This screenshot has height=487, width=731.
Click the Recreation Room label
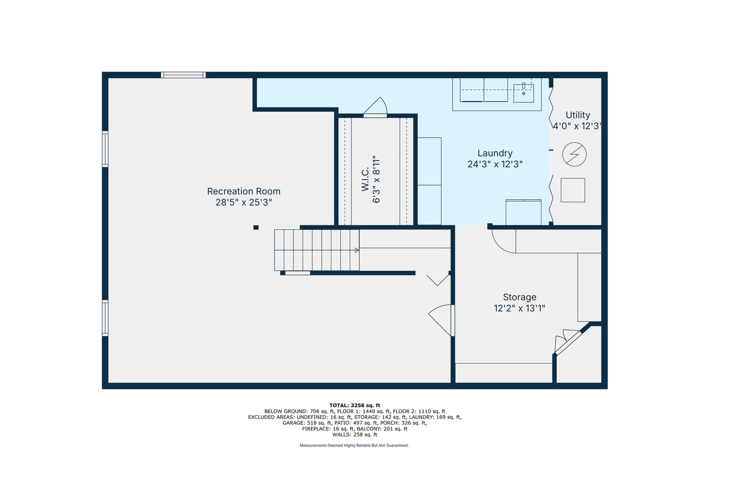click(244, 191)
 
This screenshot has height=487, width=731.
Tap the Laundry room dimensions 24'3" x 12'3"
click(495, 164)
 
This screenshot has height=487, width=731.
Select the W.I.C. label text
click(365, 179)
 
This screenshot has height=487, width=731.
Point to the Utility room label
click(578, 115)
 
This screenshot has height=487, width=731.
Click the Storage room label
click(519, 297)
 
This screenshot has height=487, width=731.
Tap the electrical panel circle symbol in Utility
click(574, 154)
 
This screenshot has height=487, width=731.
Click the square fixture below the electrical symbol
click(573, 190)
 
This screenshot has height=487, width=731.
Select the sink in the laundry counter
click(523, 93)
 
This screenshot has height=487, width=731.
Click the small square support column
click(256, 227)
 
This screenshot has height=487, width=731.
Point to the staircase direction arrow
click(357, 250)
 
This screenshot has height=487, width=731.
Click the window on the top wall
click(183, 75)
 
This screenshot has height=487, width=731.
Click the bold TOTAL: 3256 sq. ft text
click(355, 405)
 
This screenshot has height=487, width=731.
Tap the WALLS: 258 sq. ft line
click(355, 435)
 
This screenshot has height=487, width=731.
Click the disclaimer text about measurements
click(354, 446)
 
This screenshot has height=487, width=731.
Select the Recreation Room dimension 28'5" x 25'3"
click(244, 202)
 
